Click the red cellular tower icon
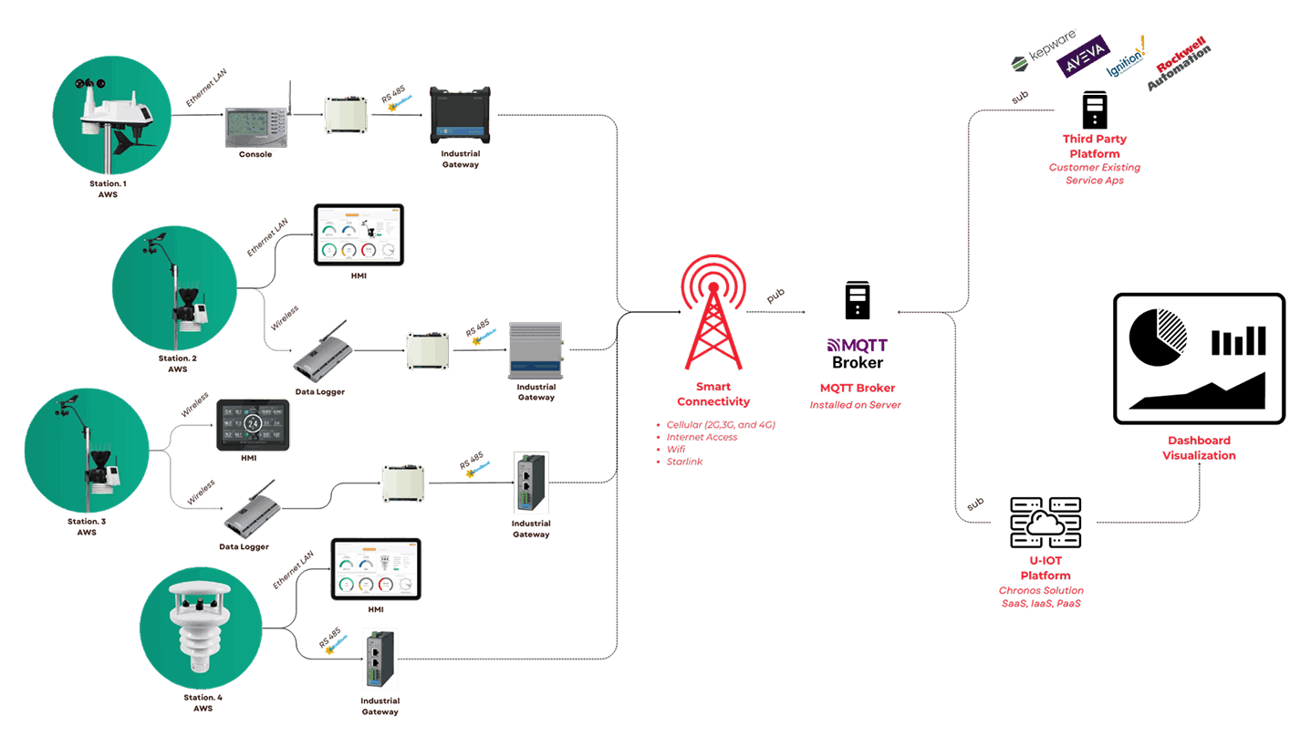(713, 312)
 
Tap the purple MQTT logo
(857, 345)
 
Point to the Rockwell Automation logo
(1180, 64)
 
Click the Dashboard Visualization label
(1199, 448)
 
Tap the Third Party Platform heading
(1094, 146)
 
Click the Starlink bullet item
(684, 462)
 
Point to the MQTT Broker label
(855, 388)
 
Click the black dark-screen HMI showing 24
(253, 425)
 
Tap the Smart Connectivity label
(713, 394)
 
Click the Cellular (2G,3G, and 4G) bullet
(721, 425)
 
